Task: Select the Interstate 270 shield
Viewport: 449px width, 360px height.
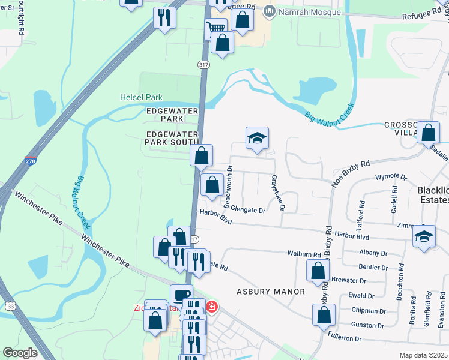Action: (31, 162)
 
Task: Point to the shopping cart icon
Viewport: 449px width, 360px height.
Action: (215, 28)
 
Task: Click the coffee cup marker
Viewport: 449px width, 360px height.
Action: (181, 295)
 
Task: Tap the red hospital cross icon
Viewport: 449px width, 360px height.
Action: (211, 307)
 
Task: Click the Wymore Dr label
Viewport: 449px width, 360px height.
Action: (391, 178)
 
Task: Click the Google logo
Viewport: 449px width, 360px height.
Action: (20, 353)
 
